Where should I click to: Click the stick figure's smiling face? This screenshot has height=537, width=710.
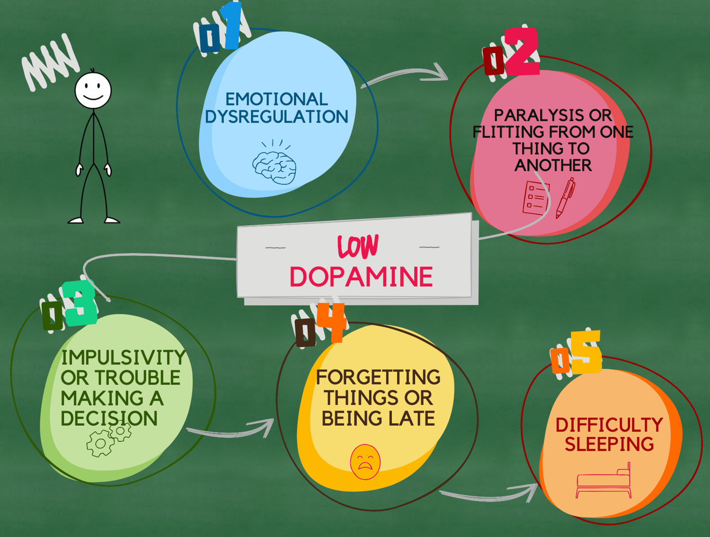pos(93,90)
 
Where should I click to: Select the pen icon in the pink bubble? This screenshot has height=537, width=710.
pos(565,197)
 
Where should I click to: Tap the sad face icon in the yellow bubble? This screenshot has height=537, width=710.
pos(365,462)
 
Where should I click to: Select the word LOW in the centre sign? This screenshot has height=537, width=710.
pos(358,247)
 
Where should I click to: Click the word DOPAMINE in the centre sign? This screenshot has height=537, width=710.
pos(361,277)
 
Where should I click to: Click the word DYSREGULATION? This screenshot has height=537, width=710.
pos(276,116)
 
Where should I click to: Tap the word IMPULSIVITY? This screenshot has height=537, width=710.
pos(123,358)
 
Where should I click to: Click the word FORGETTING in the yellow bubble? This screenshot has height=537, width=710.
pos(378,377)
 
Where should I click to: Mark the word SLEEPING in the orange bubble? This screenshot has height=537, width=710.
pos(609,444)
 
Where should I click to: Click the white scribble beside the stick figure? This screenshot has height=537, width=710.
pos(50,62)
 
